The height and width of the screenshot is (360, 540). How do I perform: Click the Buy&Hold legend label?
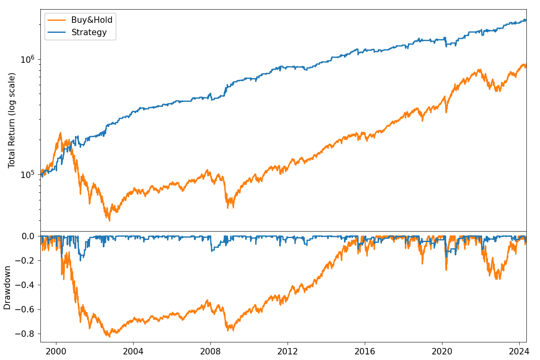(x=92, y=20)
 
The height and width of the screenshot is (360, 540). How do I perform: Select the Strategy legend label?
(x=89, y=32)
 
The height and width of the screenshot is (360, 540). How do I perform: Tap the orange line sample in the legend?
(x=56, y=20)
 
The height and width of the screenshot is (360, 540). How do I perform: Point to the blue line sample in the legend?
(x=56, y=32)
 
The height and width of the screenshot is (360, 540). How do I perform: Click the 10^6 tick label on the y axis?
(x=28, y=60)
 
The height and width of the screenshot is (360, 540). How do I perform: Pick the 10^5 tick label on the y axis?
(x=28, y=175)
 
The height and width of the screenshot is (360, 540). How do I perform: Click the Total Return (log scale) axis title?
(x=12, y=120)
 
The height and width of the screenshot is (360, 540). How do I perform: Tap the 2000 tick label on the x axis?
(x=56, y=352)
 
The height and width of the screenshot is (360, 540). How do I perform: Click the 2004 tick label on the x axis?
(x=133, y=352)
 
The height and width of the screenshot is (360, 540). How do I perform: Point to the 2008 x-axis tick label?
(x=210, y=352)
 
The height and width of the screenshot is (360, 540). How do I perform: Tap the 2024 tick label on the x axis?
(x=519, y=352)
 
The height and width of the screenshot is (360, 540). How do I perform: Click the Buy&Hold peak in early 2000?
(x=60, y=133)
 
